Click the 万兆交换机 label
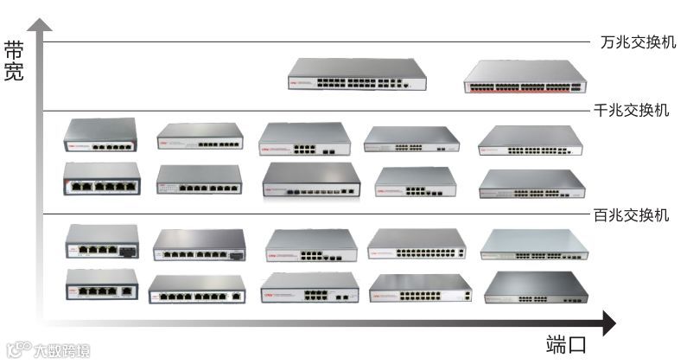coord(638,42)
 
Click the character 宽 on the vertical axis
coord(14,73)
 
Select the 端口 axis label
coord(566,345)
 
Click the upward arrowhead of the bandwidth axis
coord(35,26)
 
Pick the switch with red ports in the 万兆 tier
coord(525,77)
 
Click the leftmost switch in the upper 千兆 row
coord(100,136)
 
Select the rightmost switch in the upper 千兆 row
coord(531,141)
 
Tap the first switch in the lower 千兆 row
coord(102,178)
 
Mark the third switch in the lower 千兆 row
coord(311,180)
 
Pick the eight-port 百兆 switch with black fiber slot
coord(199,245)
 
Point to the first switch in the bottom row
coord(102,284)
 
